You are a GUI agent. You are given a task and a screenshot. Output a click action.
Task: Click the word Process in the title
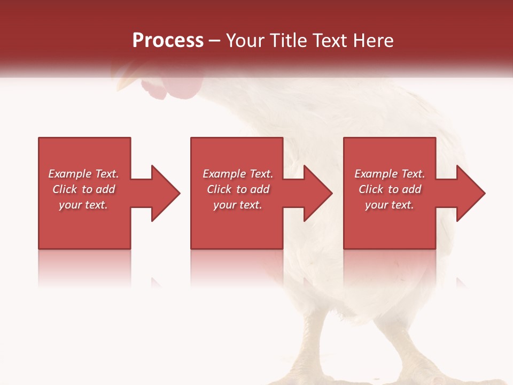(168, 41)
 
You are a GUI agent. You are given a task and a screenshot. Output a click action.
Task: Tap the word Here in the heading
(372, 41)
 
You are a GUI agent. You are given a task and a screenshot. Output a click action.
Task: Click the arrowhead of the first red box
(165, 193)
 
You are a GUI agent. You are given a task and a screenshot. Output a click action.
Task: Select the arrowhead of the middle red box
(317, 193)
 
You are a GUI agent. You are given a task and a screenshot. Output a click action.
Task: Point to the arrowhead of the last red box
(470, 193)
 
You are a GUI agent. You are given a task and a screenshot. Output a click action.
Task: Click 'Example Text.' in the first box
(83, 174)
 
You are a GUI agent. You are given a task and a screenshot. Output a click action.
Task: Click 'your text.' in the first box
(83, 205)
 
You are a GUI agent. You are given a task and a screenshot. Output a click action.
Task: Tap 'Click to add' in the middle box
(238, 189)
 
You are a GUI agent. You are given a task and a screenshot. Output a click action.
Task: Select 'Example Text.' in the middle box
(238, 174)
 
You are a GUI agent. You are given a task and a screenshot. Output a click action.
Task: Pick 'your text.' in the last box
(390, 205)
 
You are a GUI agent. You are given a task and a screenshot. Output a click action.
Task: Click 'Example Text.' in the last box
(390, 174)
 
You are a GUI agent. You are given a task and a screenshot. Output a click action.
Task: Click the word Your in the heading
(245, 41)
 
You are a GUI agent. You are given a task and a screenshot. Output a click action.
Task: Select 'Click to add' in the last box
(390, 189)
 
